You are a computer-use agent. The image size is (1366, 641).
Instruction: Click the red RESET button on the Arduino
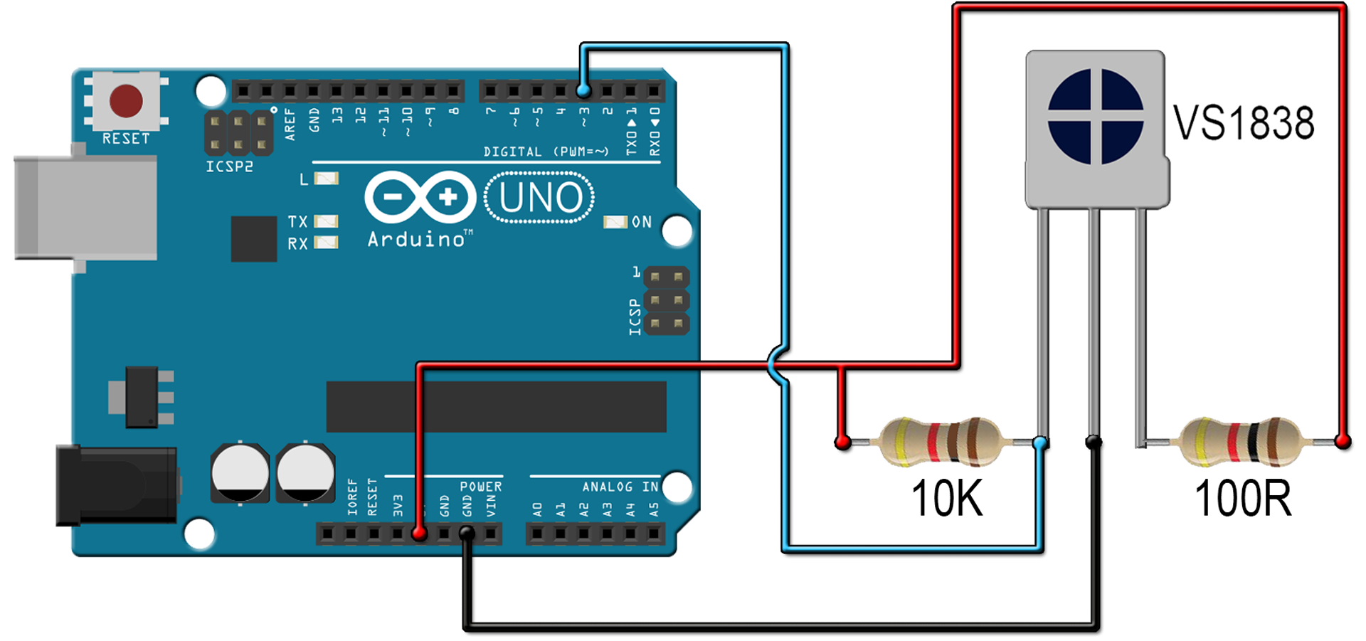pyautogui.click(x=126, y=100)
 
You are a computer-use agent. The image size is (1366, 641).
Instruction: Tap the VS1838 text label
pyautogui.click(x=1243, y=122)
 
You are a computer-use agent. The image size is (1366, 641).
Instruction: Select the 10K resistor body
pyautogui.click(x=941, y=442)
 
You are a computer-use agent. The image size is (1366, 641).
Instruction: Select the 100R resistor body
pyautogui.click(x=1240, y=442)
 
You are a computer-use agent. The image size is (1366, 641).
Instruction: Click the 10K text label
pyautogui.click(x=946, y=498)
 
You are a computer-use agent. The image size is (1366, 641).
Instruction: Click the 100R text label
pyautogui.click(x=1242, y=498)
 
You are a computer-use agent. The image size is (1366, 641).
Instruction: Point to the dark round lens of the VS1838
pyautogui.click(x=1096, y=116)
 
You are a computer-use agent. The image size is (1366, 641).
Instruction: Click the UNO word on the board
pyautogui.click(x=540, y=197)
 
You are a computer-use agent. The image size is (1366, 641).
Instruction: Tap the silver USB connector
pyautogui.click(x=85, y=207)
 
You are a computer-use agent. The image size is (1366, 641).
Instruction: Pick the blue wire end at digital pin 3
pyautogui.click(x=583, y=91)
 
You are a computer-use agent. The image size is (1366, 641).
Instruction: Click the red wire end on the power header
pyautogui.click(x=419, y=533)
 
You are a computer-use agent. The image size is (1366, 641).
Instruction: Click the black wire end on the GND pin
pyautogui.click(x=467, y=532)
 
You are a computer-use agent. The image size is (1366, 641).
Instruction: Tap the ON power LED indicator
pyautogui.click(x=615, y=222)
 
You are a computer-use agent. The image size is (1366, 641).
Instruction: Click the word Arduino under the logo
pyautogui.click(x=416, y=239)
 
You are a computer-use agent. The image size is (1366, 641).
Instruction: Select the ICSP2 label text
pyautogui.click(x=229, y=166)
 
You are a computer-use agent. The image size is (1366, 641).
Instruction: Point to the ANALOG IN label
pyautogui.click(x=620, y=487)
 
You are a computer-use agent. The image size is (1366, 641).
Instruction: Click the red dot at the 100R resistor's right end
pyautogui.click(x=1343, y=442)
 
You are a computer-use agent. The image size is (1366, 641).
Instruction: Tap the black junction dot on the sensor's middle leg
pyautogui.click(x=1094, y=442)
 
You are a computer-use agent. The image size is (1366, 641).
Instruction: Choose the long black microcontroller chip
pyautogui.click(x=496, y=406)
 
